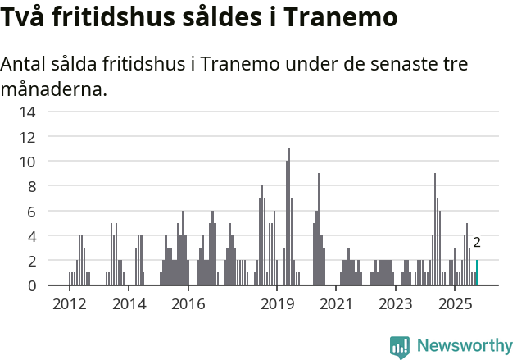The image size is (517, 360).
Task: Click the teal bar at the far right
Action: click(477, 273)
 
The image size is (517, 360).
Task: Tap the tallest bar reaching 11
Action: click(289, 217)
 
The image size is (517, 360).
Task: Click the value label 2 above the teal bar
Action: click(477, 243)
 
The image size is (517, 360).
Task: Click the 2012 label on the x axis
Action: click(70, 305)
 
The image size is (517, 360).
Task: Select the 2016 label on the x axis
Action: click(188, 305)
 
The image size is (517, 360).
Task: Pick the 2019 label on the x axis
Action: click(277, 305)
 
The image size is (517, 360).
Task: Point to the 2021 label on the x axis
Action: click(336, 305)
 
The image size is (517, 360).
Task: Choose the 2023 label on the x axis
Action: click(396, 305)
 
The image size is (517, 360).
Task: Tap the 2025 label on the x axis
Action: click(455, 305)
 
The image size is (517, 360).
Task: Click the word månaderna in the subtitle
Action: click(53, 89)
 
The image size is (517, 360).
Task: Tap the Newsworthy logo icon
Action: click(400, 347)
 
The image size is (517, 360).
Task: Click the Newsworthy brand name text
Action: click(464, 346)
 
